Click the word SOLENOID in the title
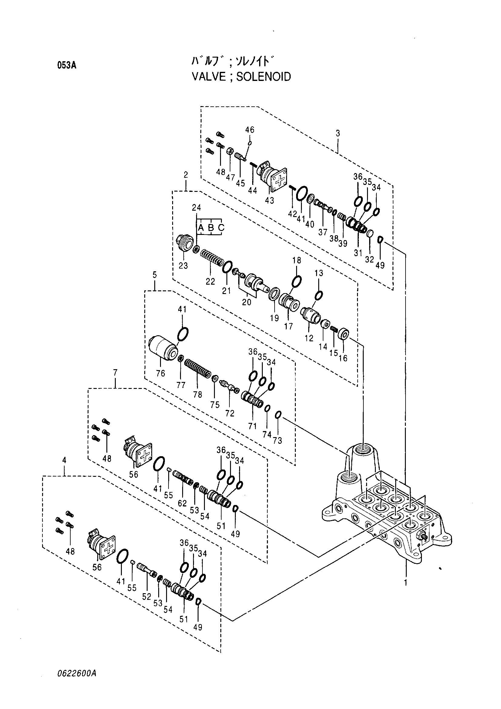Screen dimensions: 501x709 [264, 77]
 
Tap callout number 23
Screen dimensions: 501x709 [183, 265]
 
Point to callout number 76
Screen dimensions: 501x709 [161, 373]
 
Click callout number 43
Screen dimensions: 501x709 [269, 200]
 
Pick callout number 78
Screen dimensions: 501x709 [198, 394]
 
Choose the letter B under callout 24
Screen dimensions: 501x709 [211, 228]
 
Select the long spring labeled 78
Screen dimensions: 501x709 [198, 370]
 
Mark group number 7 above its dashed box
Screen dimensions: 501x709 [115, 373]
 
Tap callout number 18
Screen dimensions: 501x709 [297, 260]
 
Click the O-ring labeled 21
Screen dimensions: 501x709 [227, 266]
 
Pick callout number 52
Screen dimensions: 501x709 [147, 597]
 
